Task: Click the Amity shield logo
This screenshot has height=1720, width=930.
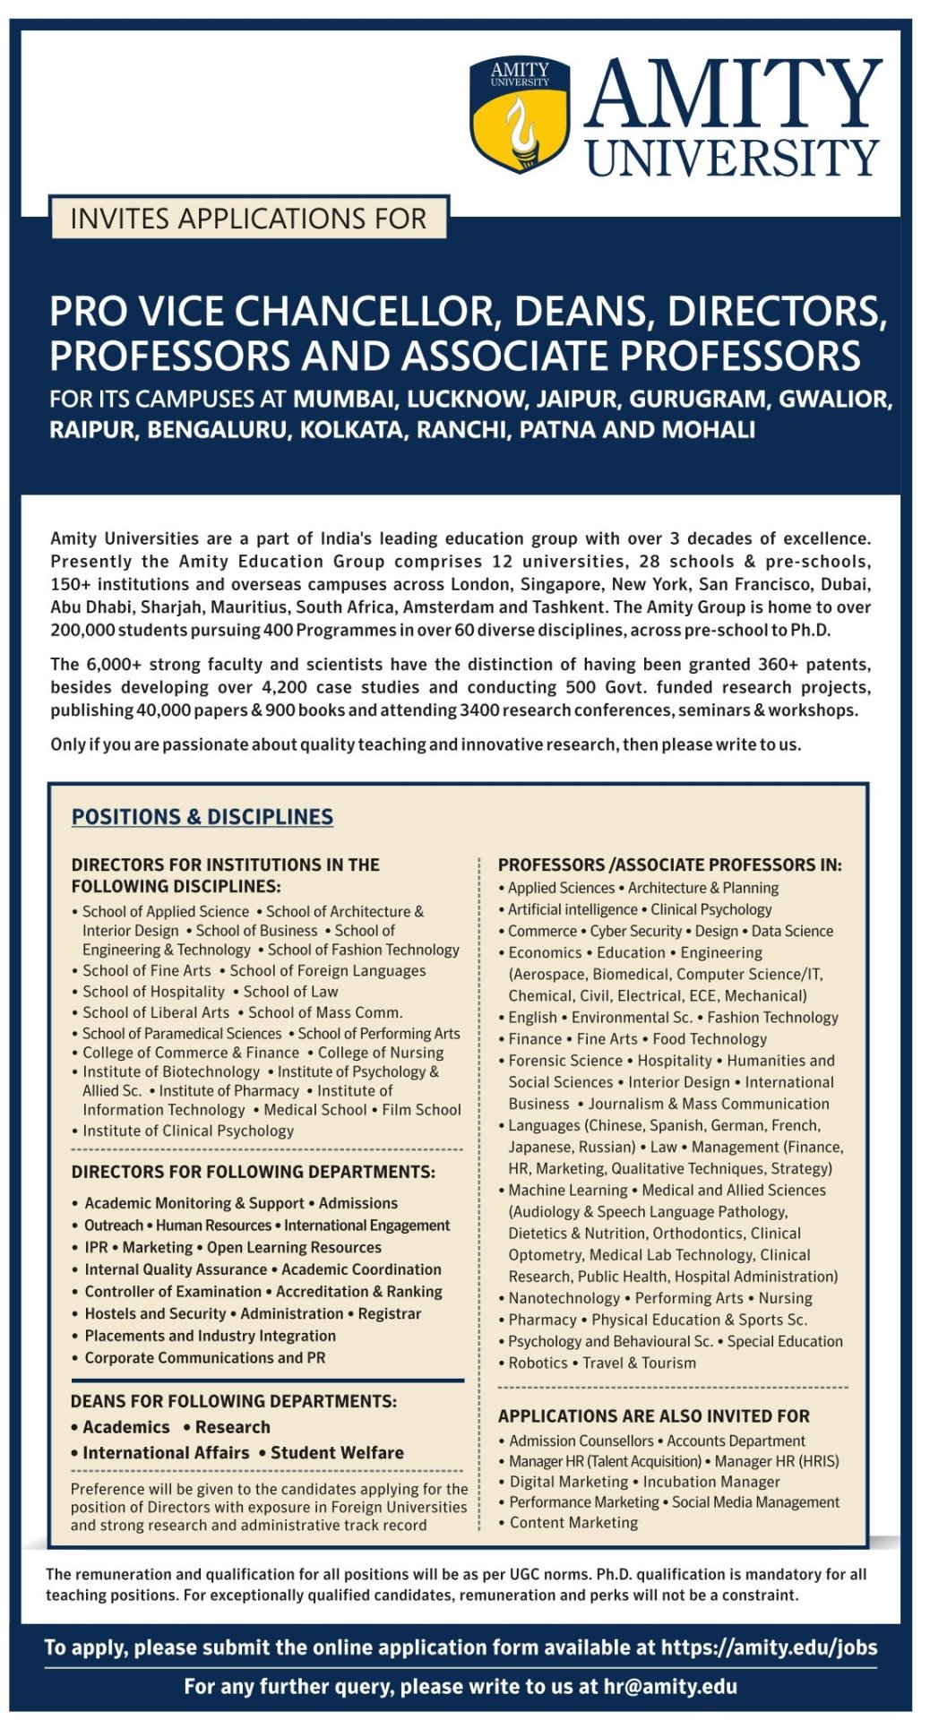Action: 520,115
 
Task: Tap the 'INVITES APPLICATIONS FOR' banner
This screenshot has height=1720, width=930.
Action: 248,219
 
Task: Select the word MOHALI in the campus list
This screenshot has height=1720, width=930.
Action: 708,430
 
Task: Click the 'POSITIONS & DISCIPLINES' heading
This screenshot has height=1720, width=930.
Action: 202,817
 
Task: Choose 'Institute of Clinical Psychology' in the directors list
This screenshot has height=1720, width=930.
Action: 188,1131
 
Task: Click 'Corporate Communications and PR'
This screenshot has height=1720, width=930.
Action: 205,1358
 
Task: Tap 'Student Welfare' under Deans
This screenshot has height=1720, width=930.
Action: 337,1453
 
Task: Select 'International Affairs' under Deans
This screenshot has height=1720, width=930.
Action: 166,1453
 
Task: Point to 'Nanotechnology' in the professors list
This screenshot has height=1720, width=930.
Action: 564,1298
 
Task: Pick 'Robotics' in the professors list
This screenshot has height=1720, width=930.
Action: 538,1363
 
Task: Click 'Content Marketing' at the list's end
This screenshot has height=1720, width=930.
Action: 573,1523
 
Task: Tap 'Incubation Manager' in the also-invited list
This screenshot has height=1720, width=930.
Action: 711,1482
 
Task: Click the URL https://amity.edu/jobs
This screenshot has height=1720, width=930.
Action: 769,1647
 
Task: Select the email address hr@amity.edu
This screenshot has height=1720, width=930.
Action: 670,1687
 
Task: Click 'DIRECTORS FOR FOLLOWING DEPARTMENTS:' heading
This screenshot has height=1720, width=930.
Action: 254,1172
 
